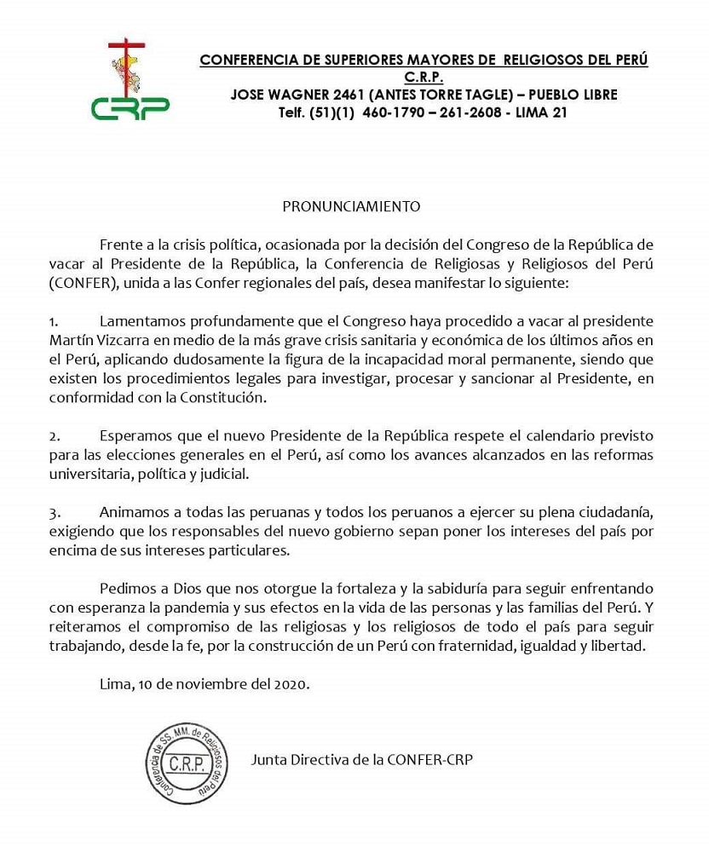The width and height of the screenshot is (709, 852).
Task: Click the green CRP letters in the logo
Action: pyautogui.click(x=130, y=108)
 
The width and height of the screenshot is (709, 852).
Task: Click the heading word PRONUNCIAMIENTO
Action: pyautogui.click(x=352, y=206)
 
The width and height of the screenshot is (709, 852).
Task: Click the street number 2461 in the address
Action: pyautogui.click(x=339, y=95)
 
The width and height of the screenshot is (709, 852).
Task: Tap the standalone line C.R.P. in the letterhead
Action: pyautogui.click(x=424, y=78)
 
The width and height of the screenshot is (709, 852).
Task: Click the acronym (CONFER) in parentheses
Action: pyautogui.click(x=77, y=281)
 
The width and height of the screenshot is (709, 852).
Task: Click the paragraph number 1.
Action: pyautogui.click(x=53, y=322)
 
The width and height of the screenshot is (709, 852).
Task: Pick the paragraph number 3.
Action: pyautogui.click(x=53, y=514)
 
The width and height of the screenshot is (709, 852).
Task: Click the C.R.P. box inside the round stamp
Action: pyautogui.click(x=186, y=763)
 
